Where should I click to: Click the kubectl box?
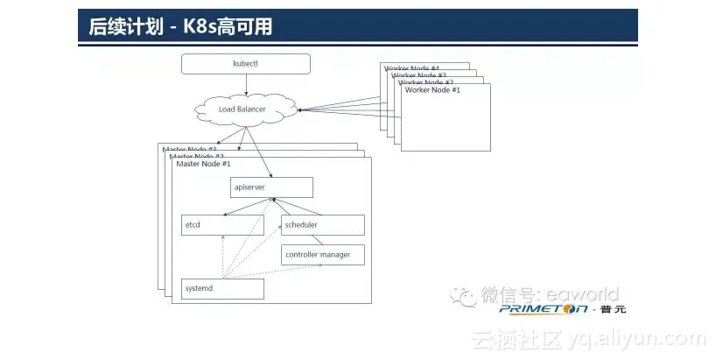pyautogui.click(x=246, y=64)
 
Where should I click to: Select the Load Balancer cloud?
pyautogui.click(x=242, y=109)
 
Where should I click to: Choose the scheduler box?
pyautogui.click(x=322, y=225)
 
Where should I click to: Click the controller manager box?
pyautogui.click(x=322, y=255)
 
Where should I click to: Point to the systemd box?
pyautogui.click(x=222, y=288)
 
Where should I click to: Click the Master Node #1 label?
pyautogui.click(x=203, y=164)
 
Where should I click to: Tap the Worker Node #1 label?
pyautogui.click(x=432, y=90)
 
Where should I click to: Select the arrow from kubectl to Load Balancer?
pyautogui.click(x=246, y=84)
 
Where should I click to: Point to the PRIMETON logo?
pyautogui.click(x=543, y=309)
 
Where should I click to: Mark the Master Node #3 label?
pyautogui.click(x=187, y=150)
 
